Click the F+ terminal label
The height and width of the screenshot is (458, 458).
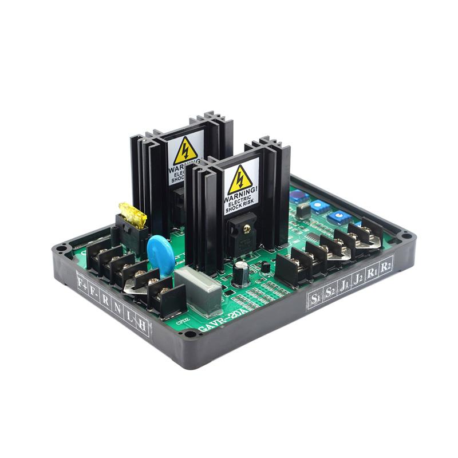tap(82, 281)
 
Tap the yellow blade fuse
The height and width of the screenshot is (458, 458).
tap(131, 212)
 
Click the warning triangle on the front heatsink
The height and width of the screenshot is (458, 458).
tap(240, 179)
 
